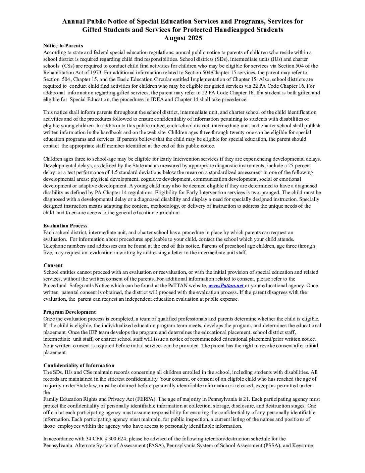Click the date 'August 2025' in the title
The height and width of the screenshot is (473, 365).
(x=183, y=38)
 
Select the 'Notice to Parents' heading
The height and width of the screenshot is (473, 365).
(x=63, y=46)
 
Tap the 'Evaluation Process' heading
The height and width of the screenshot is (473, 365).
(x=65, y=226)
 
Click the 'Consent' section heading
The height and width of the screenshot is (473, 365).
(x=53, y=265)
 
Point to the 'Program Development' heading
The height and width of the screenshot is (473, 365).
(x=69, y=312)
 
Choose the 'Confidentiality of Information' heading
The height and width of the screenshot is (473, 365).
(x=79, y=365)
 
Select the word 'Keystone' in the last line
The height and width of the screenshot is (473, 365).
(x=302, y=445)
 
